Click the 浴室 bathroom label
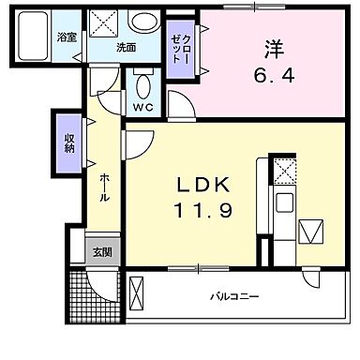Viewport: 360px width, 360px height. click(66, 37)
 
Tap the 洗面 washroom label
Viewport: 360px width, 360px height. click(127, 47)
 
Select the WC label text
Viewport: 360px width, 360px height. click(142, 107)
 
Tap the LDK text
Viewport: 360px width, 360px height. click(200, 182)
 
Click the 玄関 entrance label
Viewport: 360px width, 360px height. click(102, 252)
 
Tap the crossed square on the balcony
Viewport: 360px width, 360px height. click(138, 293)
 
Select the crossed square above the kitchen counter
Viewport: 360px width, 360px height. click(282, 171)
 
